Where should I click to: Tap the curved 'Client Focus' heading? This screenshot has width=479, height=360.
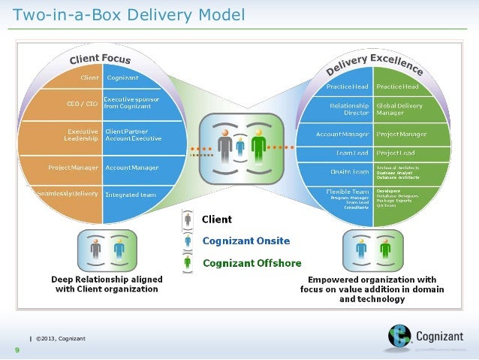pyautogui.click(x=100, y=57)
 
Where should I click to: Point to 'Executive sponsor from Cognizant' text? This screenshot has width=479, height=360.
pyautogui.click(x=131, y=103)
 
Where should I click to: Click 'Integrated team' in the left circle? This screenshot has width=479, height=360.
pyautogui.click(x=131, y=195)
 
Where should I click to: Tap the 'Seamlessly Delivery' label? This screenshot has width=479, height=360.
pyautogui.click(x=69, y=195)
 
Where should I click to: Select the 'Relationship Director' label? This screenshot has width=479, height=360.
pyautogui.click(x=350, y=110)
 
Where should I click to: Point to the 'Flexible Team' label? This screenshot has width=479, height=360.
pyautogui.click(x=348, y=192)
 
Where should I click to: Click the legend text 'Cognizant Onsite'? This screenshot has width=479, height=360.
pyautogui.click(x=246, y=241)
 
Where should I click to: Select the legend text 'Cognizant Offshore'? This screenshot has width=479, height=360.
pyautogui.click(x=252, y=263)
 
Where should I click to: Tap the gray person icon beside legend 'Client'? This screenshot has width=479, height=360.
pyautogui.click(x=187, y=219)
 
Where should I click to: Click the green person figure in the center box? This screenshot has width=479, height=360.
pyautogui.click(x=258, y=145)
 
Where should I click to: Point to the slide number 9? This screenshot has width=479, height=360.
pyautogui.click(x=15, y=349)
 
